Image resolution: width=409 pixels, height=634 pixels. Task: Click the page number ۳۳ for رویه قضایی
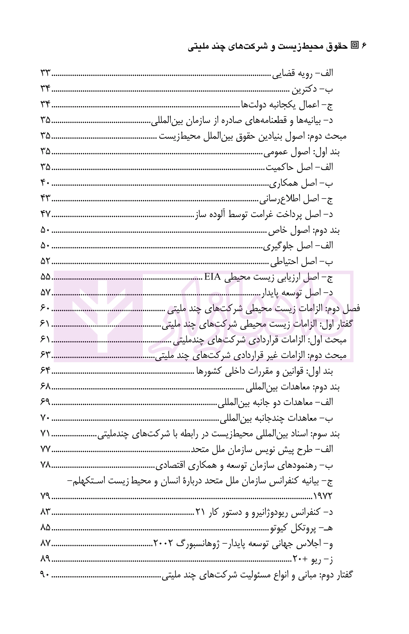click(45, 74)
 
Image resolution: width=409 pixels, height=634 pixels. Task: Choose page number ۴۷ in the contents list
click(45, 214)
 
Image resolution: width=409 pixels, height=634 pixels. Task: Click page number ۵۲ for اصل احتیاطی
click(45, 261)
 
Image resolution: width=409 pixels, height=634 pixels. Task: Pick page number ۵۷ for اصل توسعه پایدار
click(45, 293)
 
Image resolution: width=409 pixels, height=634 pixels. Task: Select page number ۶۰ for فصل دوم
click(45, 308)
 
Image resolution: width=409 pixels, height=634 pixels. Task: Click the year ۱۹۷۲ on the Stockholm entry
click(322, 496)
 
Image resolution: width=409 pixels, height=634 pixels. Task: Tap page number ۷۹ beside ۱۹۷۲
click(45, 496)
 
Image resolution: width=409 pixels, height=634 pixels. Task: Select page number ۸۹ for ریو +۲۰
click(45, 559)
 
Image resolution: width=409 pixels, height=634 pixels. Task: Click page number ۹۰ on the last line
click(45, 575)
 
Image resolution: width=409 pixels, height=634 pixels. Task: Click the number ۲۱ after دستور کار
click(201, 512)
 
